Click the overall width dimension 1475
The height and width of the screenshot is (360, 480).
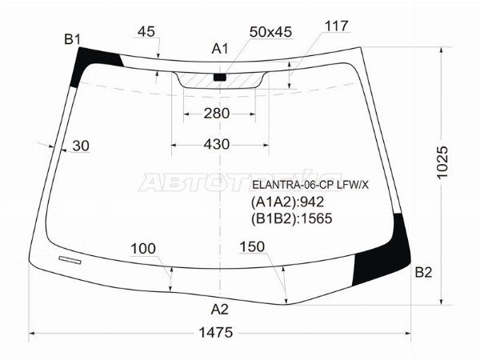[216, 332]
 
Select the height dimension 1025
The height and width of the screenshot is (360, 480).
[442, 162]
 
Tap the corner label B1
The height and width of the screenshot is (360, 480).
[73, 39]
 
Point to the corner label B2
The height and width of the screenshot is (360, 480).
[423, 272]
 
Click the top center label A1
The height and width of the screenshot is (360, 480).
[220, 49]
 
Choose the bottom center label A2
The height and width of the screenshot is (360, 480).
[220, 310]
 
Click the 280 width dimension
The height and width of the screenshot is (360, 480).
[217, 114]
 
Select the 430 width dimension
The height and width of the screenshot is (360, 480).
[217, 144]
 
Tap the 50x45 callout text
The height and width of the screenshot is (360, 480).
[270, 32]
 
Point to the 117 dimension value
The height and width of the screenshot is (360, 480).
[337, 26]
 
